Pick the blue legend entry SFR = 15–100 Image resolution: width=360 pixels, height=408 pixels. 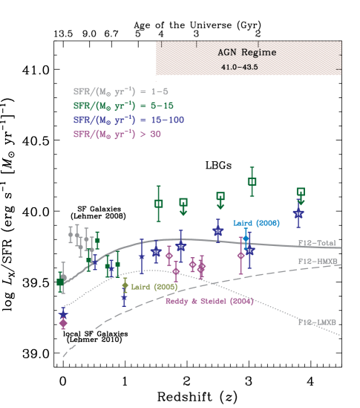[x=128, y=120]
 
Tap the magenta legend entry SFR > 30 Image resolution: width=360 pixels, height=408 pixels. [x=116, y=135]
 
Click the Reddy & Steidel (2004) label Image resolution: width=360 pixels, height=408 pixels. [x=209, y=302]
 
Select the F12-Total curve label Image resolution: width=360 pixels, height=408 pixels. [x=318, y=243]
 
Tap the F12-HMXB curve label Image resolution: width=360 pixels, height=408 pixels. [x=318, y=262]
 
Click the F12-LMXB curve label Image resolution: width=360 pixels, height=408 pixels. [x=317, y=323]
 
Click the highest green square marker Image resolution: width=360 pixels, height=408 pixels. [x=252, y=181]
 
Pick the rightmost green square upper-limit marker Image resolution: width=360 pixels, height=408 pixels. [x=300, y=192]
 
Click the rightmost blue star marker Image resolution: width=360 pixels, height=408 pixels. [x=298, y=213]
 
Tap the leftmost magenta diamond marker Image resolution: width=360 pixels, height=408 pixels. [x=63, y=323]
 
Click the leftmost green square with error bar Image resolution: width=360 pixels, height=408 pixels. [x=61, y=282]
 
